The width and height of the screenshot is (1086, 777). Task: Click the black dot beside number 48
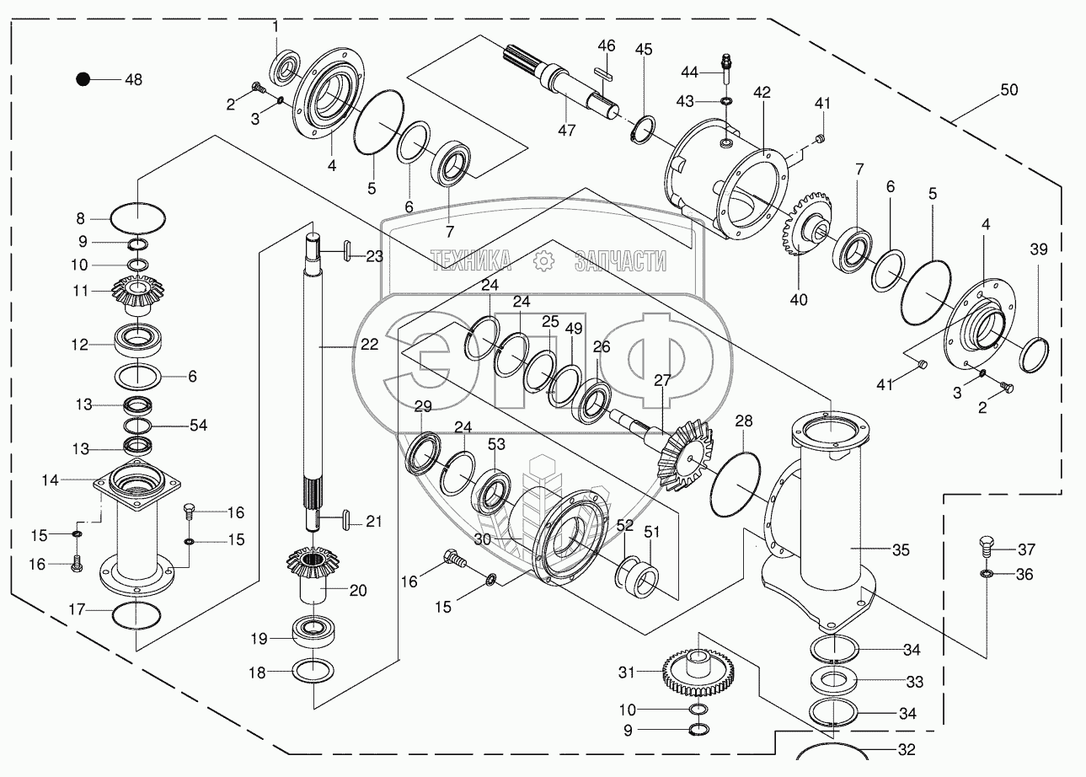[83, 79]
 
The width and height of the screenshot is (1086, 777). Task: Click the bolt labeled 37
[987, 548]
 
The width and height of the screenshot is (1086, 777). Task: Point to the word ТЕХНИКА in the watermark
[471, 261]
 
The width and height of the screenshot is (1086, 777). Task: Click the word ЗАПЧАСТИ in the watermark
[620, 261]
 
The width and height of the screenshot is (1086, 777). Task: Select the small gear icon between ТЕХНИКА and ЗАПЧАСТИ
[544, 261]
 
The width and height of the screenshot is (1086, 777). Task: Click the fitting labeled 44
[726, 64]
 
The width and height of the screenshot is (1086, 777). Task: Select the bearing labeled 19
[313, 630]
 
